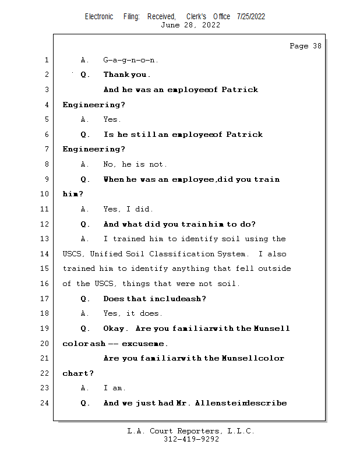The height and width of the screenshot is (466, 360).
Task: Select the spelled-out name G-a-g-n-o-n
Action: coord(130,60)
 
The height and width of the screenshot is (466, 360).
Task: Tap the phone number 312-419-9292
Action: coord(191,439)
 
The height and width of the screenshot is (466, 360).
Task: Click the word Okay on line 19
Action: coord(115,329)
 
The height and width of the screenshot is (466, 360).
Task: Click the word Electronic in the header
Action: coord(99,16)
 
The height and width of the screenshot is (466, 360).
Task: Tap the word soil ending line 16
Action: coord(228,284)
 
